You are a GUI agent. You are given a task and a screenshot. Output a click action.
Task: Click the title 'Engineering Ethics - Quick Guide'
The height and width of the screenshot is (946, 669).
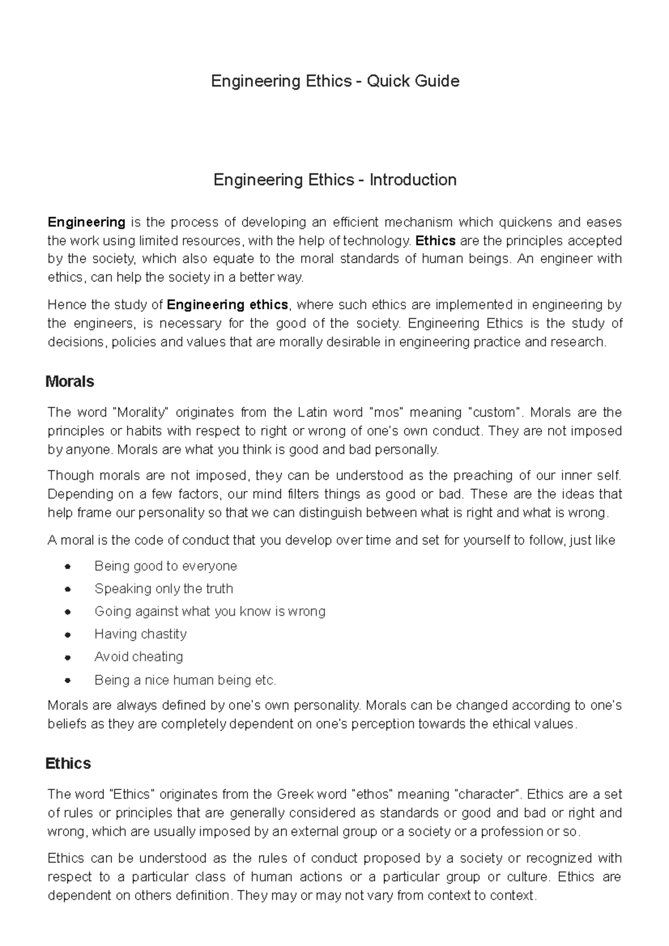coord(335,81)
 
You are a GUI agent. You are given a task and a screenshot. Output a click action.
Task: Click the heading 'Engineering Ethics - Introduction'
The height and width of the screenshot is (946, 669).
coord(335,180)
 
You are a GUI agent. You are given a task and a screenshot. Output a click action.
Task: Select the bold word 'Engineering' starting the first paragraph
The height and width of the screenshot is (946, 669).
coord(86,222)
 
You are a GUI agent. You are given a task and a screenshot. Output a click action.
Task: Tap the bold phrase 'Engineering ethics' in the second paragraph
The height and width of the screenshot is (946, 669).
coord(227,305)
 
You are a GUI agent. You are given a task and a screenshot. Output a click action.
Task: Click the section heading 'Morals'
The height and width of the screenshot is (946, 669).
coord(70,382)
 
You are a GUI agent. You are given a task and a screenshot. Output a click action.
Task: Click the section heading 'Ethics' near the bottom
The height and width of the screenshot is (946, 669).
coord(68,763)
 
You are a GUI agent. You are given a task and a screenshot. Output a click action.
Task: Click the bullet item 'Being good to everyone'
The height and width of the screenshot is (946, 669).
coord(166,566)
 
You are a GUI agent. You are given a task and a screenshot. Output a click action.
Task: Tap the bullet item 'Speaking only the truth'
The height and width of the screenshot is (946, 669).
coord(164,589)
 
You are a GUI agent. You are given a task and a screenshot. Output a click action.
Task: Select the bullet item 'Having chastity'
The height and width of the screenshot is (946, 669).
coord(140,634)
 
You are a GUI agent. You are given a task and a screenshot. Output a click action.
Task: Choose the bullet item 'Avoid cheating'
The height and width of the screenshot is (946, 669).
coord(139,657)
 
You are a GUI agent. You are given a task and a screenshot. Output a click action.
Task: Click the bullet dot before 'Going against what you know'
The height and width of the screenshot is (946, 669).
coord(67,612)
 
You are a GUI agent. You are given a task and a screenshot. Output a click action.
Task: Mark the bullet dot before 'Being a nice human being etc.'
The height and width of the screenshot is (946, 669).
coord(67,680)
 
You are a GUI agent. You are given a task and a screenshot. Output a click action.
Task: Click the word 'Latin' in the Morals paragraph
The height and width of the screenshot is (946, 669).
coord(312,412)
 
